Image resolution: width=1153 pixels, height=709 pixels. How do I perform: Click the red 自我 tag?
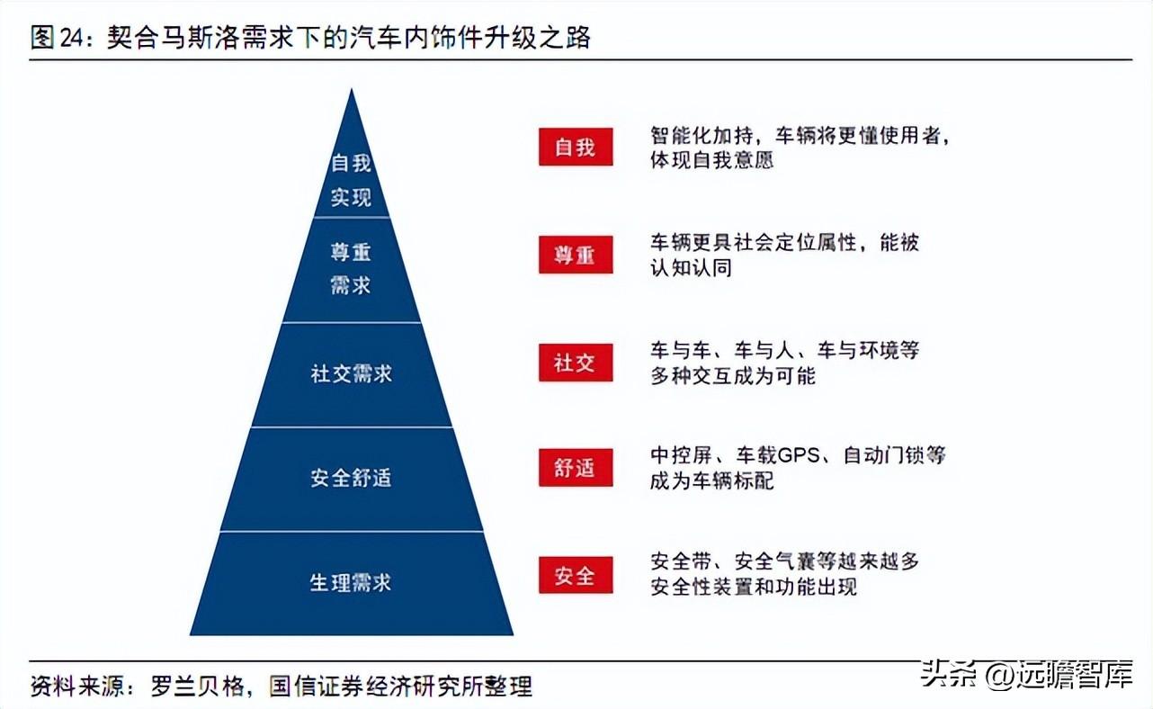(576, 147)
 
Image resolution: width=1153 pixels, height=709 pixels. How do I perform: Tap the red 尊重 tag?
(576, 255)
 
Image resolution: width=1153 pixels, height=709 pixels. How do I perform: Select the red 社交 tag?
(576, 363)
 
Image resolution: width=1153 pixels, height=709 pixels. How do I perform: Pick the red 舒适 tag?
(576, 468)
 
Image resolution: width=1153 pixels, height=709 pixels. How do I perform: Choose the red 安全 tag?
(576, 575)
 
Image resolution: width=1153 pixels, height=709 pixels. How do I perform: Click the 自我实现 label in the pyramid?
(351, 180)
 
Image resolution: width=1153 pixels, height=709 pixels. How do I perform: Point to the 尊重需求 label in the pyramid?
(351, 269)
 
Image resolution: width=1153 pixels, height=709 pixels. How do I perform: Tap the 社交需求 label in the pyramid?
(351, 373)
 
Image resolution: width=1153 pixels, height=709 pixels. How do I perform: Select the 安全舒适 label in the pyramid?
(351, 478)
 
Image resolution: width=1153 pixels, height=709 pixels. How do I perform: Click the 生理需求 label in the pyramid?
(351, 583)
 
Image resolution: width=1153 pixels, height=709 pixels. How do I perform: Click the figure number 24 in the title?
(72, 38)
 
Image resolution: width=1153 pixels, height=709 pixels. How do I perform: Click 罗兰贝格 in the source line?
(197, 686)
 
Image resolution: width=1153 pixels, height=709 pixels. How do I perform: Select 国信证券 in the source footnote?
(316, 686)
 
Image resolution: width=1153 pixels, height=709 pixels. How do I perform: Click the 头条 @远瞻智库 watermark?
(1027, 675)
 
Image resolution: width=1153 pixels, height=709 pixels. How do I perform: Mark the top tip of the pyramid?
(352, 89)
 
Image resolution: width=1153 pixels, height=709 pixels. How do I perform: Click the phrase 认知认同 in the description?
(692, 268)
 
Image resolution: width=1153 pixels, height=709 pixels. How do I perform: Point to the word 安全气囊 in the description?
(775, 561)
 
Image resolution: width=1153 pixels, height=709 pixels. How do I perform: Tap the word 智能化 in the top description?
(681, 136)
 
